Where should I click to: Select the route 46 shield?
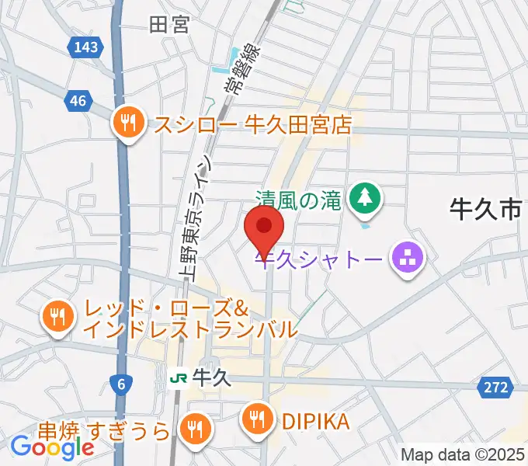(77, 101)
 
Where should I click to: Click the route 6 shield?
(121, 383)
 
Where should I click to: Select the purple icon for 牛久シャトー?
(407, 256)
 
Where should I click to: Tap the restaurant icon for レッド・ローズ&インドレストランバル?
(57, 316)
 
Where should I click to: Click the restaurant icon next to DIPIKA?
(258, 420)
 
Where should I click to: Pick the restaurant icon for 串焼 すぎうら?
(194, 428)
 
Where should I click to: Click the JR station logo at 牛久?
(179, 378)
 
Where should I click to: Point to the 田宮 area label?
(169, 24)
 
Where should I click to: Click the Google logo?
(52, 447)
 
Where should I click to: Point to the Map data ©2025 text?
(463, 454)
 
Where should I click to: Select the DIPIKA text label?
(316, 421)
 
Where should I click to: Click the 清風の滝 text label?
(298, 201)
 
